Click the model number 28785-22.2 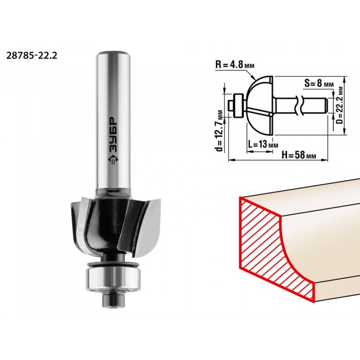pyautogui.click(x=31, y=56)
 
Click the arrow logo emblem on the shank pyautogui.click(x=113, y=159)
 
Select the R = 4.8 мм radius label pyautogui.click(x=235, y=65)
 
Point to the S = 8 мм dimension pyautogui.click(x=319, y=83)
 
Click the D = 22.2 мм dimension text pyautogui.click(x=340, y=105)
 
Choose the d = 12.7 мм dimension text pyautogui.click(x=220, y=131)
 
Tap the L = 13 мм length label pyautogui.click(x=263, y=145)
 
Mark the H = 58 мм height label pyautogui.click(x=299, y=155)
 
